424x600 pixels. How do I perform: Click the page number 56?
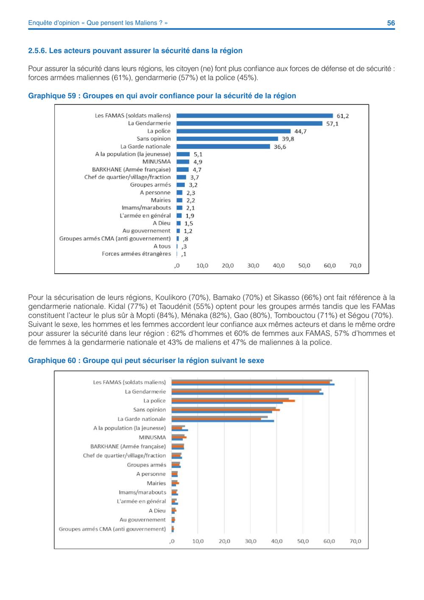(x=391, y=23)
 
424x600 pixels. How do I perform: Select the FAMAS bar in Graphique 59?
(x=254, y=116)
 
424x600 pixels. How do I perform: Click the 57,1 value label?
(x=332, y=124)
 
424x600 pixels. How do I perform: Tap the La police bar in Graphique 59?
(x=234, y=131)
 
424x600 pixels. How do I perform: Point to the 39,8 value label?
(x=288, y=139)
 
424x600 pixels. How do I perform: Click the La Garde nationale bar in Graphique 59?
(x=223, y=146)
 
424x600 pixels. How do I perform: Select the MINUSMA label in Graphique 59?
(x=156, y=162)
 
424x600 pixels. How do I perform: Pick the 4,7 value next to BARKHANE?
(x=197, y=170)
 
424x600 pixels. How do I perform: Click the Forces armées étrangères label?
(x=136, y=254)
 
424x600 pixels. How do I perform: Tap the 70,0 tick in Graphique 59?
(x=355, y=266)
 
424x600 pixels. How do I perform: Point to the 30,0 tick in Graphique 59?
(x=253, y=266)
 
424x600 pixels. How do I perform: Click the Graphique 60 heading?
(x=146, y=360)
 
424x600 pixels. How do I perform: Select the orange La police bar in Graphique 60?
(x=233, y=401)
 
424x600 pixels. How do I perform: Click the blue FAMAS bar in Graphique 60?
(x=253, y=384)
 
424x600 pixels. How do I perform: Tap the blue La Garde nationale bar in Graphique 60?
(x=223, y=421)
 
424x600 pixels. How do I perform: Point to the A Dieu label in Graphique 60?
(x=157, y=510)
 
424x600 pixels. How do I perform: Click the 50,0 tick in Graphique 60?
(x=303, y=541)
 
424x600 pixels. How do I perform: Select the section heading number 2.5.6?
(x=37, y=50)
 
